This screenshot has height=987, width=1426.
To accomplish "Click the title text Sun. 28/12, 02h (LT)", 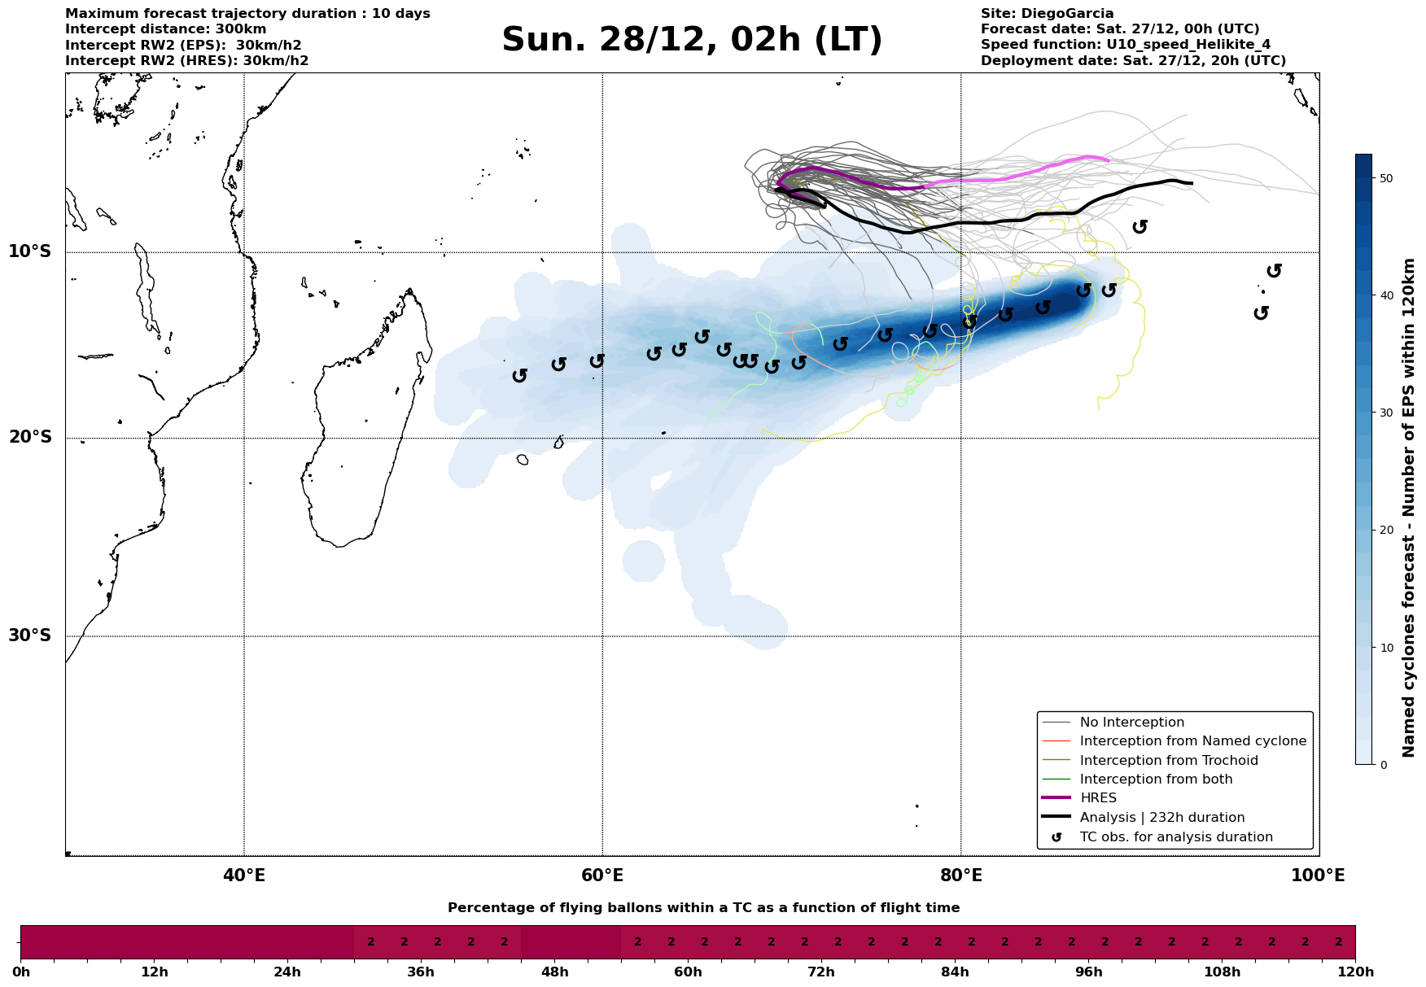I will coord(692,40).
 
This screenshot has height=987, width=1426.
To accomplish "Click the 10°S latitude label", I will coord(30,251).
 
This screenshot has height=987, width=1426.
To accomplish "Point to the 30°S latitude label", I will coord(30,635).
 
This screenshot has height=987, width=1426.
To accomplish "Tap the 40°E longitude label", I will coord(244,876).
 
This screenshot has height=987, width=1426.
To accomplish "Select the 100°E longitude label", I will coord(1319,876).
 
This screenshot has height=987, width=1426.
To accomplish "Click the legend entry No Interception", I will coord(1131,723).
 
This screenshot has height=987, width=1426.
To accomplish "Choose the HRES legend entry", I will coord(1098,798).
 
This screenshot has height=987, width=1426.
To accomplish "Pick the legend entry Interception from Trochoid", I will coord(1168,761).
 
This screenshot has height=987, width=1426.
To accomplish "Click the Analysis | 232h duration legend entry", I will coord(1161,818).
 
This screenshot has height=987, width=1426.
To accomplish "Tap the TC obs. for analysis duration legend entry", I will coord(1175,837).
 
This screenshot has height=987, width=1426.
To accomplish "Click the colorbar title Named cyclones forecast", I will coord(1409,508).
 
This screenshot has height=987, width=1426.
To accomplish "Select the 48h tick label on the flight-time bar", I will coord(554,972).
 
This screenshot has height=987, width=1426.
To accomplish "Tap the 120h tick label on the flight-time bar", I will coord(1354,972).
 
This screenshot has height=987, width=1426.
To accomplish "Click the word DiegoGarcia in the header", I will coord(1067,14).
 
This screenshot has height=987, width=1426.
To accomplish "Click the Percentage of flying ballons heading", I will coord(703,908).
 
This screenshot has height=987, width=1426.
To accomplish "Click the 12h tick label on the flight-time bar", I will coord(154,972).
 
